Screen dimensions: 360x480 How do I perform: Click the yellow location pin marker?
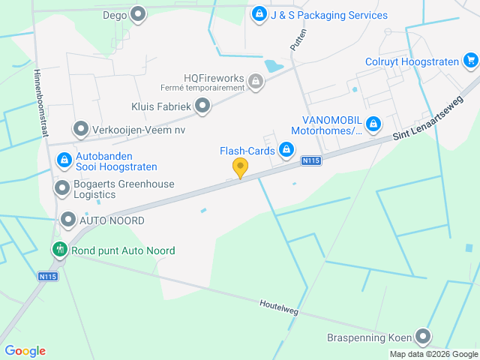(x=240, y=168)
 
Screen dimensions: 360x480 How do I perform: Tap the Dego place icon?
(x=138, y=13)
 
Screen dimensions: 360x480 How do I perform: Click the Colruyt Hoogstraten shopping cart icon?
(x=470, y=60)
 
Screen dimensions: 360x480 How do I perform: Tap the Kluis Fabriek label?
(x=161, y=107)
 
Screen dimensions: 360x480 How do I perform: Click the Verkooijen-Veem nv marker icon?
(x=80, y=129)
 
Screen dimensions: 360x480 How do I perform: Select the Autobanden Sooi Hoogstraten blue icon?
(x=63, y=160)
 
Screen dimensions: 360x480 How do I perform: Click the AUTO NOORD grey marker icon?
(x=67, y=220)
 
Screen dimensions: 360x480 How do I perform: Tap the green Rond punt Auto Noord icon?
(x=58, y=249)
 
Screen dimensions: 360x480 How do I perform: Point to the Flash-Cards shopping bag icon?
(x=286, y=151)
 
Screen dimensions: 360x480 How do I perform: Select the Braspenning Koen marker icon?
(x=424, y=337)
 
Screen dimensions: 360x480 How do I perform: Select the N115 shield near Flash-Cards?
(x=311, y=161)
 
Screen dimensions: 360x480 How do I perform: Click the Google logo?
(x=25, y=350)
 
